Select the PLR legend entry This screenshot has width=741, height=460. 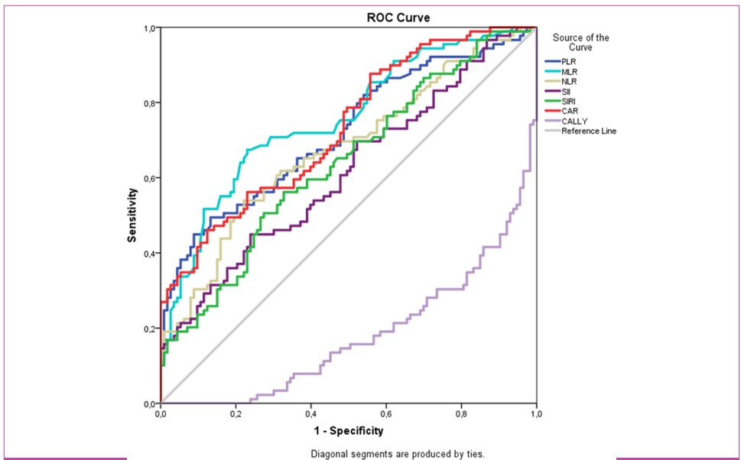pos(569,61)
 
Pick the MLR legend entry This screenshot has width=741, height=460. pos(570,72)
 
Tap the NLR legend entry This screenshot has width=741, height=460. pos(570,82)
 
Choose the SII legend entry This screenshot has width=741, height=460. pos(567,92)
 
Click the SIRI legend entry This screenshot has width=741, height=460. pos(570,102)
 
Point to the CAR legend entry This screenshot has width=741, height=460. pos(570,112)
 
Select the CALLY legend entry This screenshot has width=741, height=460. pos(574,121)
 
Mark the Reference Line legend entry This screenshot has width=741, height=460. pos(588,131)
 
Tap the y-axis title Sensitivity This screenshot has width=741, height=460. pos(132,216)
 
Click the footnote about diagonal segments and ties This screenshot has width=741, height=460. pos(397,454)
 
